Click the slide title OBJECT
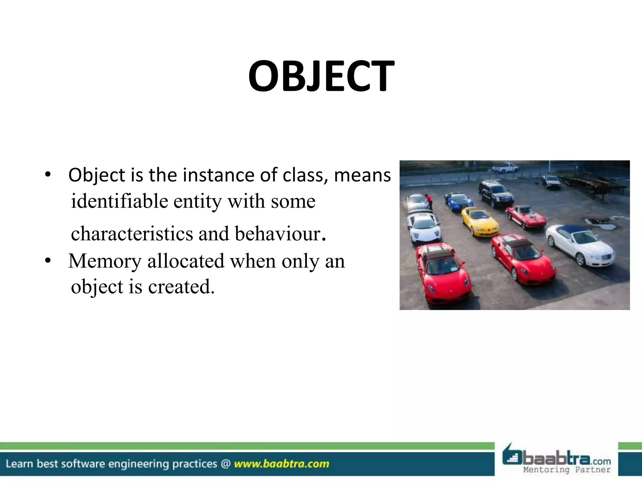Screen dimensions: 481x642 point(321,76)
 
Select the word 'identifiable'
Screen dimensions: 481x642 point(119,201)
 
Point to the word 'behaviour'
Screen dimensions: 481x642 point(277,234)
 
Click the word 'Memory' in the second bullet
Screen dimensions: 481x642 point(105,261)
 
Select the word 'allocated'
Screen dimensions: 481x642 point(186,261)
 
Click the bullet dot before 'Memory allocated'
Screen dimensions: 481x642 point(48,261)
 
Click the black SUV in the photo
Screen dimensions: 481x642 point(496,194)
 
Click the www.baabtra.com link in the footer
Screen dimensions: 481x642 point(282,464)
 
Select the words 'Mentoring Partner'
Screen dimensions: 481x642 point(567,470)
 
